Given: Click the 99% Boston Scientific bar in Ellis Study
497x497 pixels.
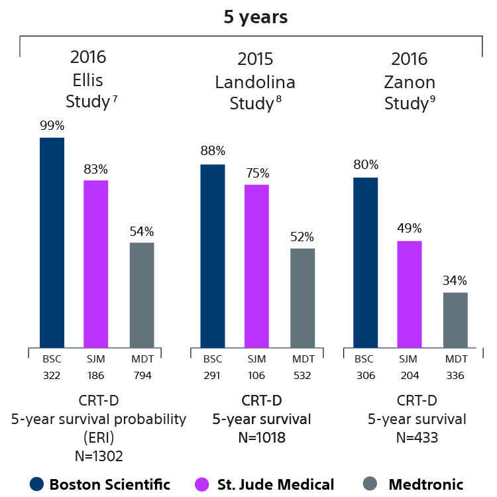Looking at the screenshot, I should pyautogui.click(x=52, y=242).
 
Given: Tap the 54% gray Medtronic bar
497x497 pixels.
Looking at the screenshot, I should pyautogui.click(x=142, y=294).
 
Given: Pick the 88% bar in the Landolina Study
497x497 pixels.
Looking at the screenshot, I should pyautogui.click(x=213, y=255).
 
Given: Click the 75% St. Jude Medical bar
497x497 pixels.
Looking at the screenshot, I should pyautogui.click(x=256, y=265).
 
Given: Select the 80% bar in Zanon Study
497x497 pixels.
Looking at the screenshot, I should pyautogui.click(x=365, y=262).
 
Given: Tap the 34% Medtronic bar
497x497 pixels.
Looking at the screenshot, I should pyautogui.click(x=455, y=319).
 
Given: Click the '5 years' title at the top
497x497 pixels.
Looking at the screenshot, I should pyautogui.click(x=254, y=17).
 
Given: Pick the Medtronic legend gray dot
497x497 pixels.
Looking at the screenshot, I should pyautogui.click(x=373, y=484).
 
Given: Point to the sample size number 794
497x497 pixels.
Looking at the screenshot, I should pyautogui.click(x=142, y=374).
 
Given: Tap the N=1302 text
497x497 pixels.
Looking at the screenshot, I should pyautogui.click(x=99, y=455).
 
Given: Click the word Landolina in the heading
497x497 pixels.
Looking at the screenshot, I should pyautogui.click(x=255, y=82).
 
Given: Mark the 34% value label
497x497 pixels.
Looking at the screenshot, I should pyautogui.click(x=455, y=280).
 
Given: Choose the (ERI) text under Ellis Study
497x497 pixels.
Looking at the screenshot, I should pyautogui.click(x=99, y=437).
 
